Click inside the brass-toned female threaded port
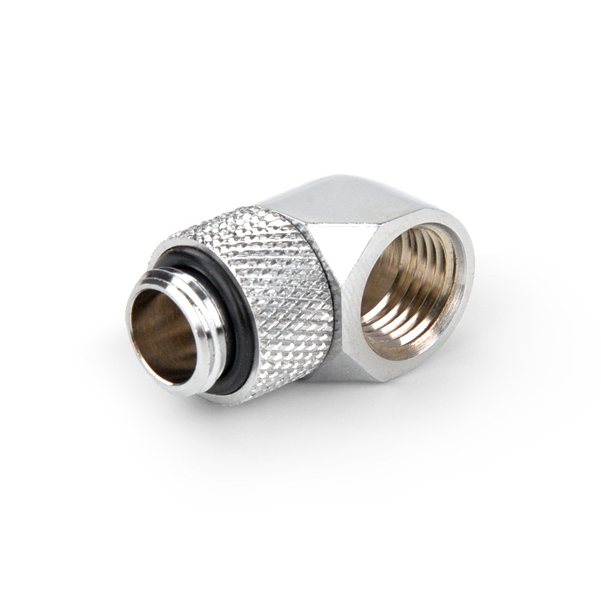[x=409, y=289]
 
